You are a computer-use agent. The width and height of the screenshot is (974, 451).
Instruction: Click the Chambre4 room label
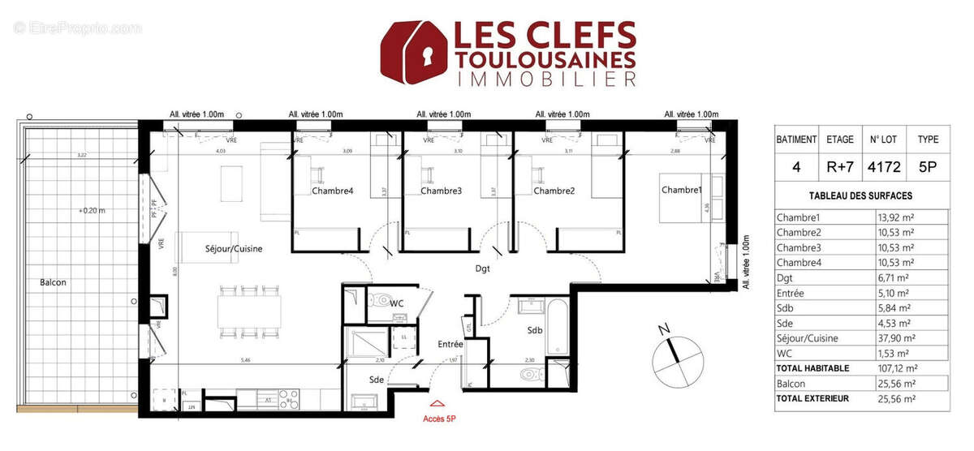333,191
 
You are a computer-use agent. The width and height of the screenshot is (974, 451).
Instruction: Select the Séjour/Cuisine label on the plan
234,249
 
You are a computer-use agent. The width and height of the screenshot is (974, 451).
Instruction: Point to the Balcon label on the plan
52,282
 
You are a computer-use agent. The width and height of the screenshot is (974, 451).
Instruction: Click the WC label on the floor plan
397,303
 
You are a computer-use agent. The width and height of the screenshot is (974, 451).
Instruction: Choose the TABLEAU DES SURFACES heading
861,195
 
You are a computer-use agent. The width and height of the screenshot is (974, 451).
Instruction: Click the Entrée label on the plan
450,344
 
